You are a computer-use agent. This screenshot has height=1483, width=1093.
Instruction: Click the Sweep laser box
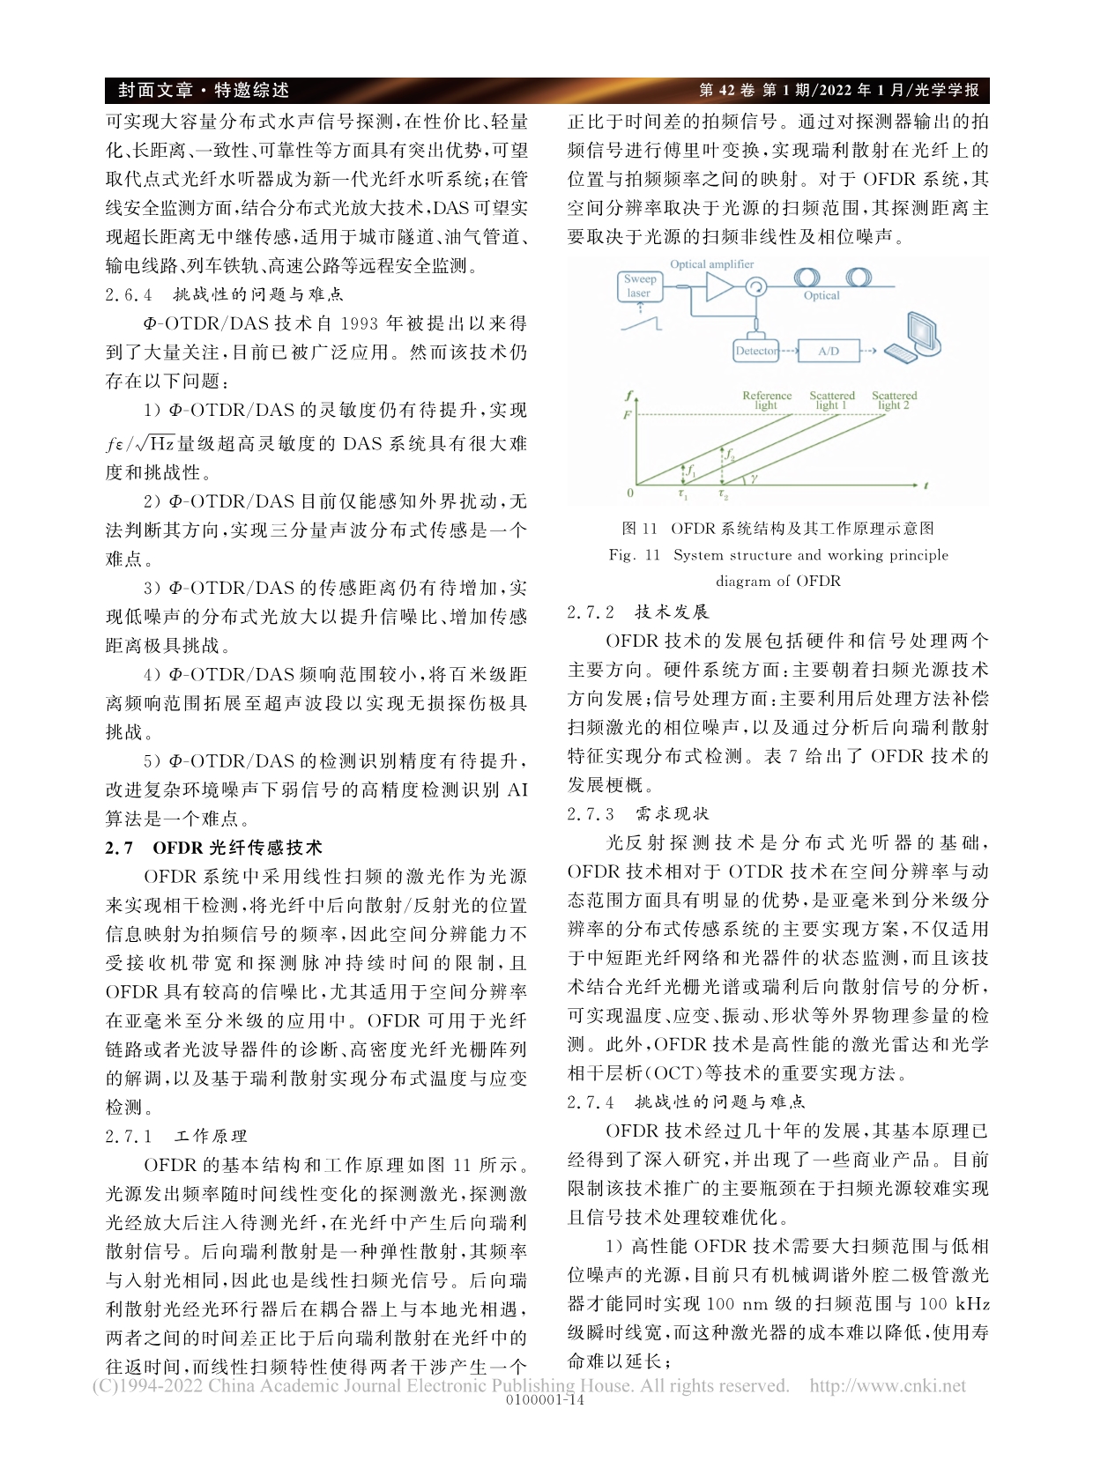click(639, 285)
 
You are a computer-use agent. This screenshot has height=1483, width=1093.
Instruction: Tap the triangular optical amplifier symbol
click(718, 286)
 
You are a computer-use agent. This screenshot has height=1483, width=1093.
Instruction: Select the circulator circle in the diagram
click(756, 286)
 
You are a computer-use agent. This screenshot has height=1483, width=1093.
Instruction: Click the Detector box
click(757, 351)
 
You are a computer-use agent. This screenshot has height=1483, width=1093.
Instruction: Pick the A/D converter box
click(828, 351)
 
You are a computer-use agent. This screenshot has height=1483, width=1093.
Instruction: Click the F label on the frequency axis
click(628, 414)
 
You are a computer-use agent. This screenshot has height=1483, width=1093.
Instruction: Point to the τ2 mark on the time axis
click(724, 496)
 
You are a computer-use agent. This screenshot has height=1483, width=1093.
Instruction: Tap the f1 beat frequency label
click(692, 471)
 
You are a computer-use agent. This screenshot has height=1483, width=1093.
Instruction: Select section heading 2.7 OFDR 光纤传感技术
click(214, 848)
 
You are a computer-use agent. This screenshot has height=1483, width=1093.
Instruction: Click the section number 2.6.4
click(129, 294)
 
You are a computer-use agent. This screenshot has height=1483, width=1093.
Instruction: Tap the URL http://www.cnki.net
click(887, 1386)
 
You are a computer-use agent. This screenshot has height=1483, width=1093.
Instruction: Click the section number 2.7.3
click(591, 813)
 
